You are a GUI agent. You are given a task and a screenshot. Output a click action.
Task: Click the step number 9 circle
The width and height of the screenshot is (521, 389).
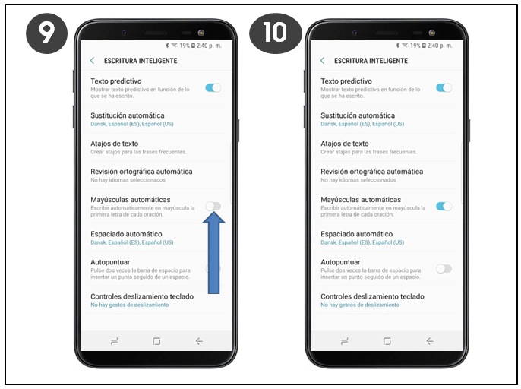[x=46, y=33]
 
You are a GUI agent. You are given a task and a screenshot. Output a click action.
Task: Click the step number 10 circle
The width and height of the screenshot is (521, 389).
[x=276, y=33]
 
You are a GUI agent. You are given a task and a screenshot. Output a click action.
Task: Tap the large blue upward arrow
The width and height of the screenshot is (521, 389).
[x=213, y=253]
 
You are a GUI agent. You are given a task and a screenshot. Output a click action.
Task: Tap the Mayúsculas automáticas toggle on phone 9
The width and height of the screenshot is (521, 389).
[x=213, y=207]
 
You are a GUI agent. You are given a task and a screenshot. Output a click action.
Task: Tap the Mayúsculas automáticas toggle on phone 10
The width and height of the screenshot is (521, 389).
[x=444, y=207]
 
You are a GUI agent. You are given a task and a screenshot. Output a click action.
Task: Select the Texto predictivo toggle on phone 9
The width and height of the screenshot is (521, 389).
[x=213, y=88]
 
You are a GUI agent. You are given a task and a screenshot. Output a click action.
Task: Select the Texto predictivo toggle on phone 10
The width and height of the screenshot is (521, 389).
[x=444, y=88]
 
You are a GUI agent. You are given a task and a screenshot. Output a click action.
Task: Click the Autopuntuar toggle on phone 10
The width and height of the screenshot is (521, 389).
[x=444, y=269]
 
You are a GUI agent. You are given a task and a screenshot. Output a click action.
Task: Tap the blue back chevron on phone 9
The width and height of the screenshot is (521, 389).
[x=93, y=61]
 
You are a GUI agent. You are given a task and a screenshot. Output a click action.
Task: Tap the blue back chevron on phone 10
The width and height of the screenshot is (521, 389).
[x=322, y=61]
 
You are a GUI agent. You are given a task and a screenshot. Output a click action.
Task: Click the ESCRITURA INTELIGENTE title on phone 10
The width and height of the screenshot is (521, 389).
[x=371, y=61]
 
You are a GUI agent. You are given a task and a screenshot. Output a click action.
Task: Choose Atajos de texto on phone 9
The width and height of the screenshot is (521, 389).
[x=114, y=144]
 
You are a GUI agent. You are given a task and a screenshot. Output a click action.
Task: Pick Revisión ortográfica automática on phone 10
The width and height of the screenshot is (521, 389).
[x=372, y=172]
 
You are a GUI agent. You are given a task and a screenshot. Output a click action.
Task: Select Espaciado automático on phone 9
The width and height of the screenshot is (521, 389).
[x=126, y=234]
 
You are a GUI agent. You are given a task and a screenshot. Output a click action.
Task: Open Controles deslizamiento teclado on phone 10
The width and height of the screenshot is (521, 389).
[x=372, y=296]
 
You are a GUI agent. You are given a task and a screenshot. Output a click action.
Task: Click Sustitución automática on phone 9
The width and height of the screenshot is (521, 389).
[x=128, y=115]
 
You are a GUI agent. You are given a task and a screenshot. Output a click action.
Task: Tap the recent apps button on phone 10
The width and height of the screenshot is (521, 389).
[x=345, y=341]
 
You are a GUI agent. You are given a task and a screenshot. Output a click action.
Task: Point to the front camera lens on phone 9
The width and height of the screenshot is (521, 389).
[x=201, y=33]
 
